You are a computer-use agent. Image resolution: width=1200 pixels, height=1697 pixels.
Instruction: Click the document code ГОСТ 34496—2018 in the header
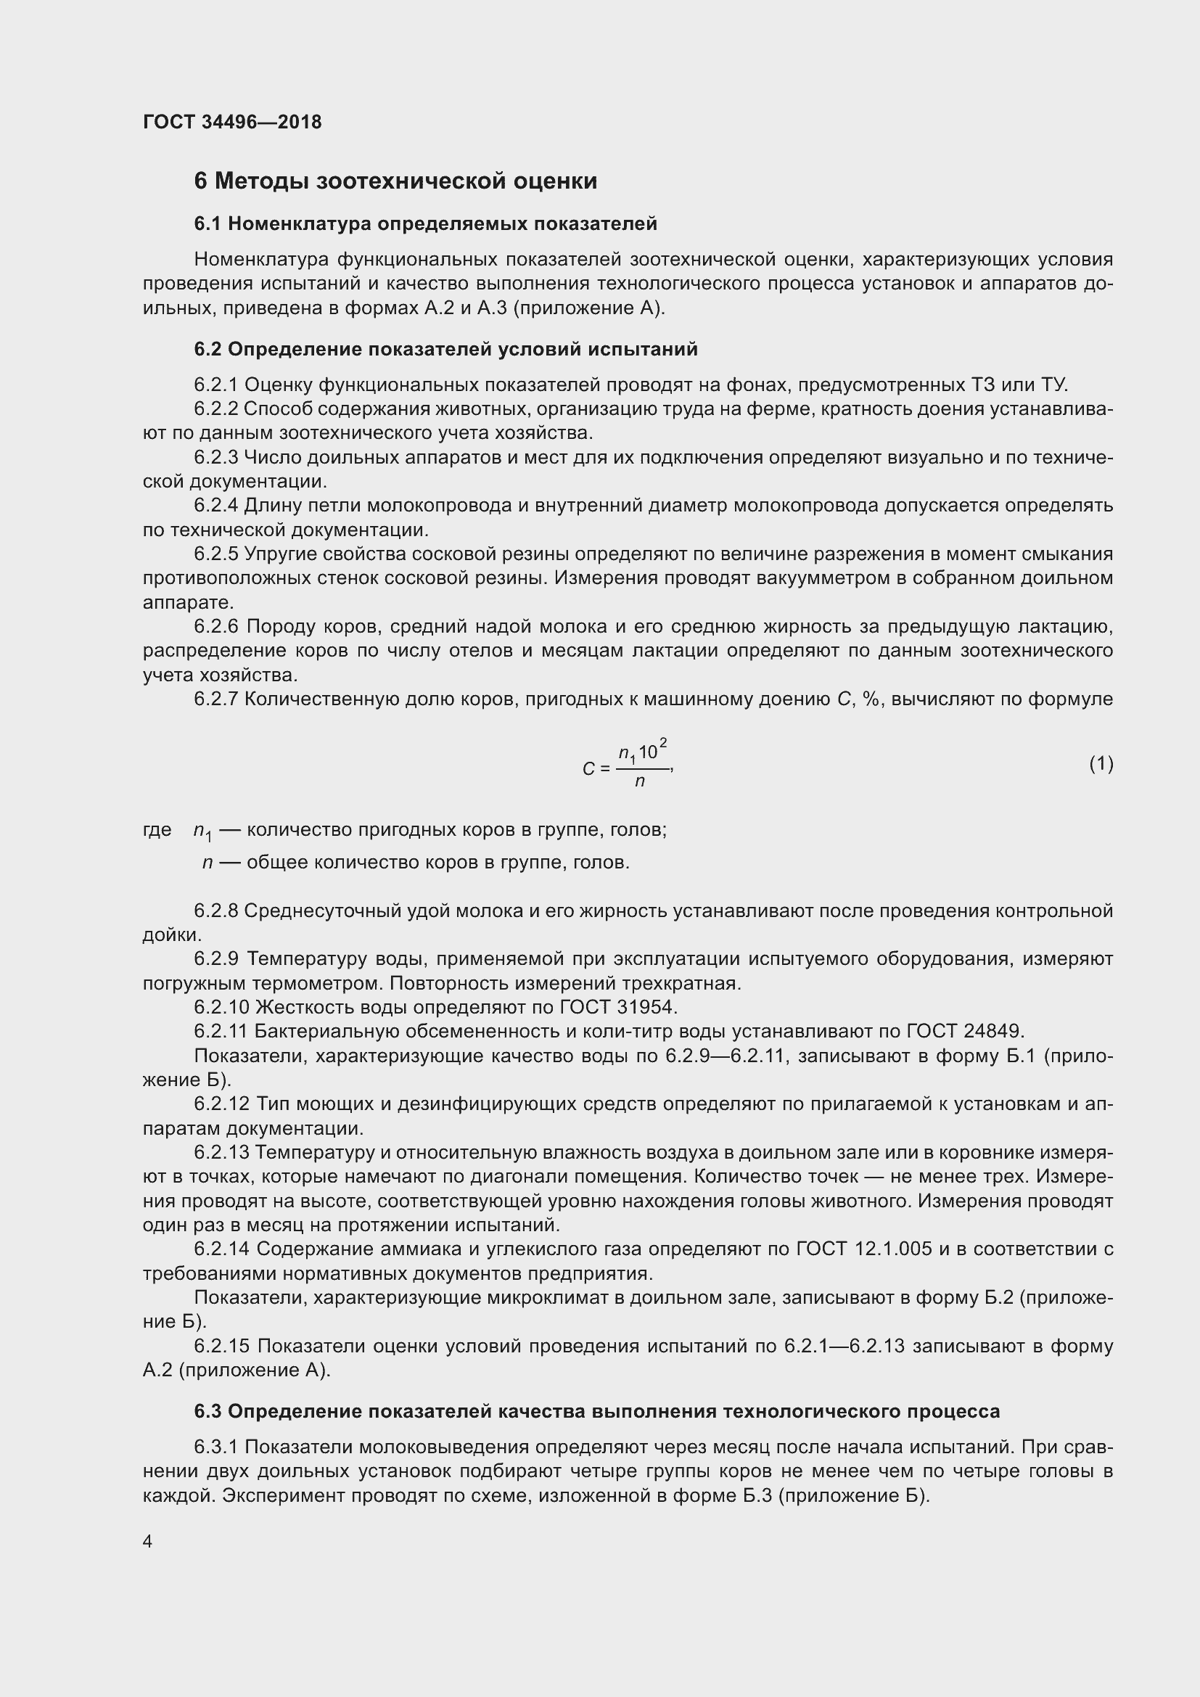232,122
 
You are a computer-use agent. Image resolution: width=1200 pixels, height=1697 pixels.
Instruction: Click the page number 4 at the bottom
148,1542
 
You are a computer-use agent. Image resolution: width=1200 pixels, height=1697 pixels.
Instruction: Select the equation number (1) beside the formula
1101,763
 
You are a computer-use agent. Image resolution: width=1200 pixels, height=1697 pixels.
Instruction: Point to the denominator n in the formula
640,781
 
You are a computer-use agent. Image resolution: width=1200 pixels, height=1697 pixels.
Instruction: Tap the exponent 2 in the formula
664,742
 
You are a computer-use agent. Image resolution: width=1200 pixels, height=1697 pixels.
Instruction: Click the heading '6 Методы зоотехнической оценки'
395,181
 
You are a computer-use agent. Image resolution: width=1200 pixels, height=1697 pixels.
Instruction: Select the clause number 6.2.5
215,554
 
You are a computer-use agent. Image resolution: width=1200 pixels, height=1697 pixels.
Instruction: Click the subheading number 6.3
207,1412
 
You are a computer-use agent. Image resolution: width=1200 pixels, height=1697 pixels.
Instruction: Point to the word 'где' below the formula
157,830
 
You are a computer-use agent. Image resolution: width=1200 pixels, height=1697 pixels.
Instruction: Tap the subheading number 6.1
207,224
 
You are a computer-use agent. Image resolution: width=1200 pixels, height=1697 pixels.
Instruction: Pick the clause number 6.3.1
215,1447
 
